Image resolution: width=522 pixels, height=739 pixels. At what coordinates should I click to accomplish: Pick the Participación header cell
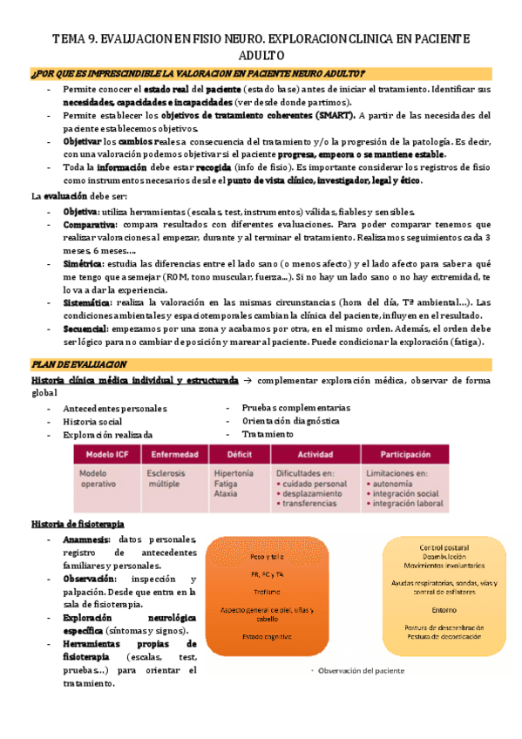[405, 454]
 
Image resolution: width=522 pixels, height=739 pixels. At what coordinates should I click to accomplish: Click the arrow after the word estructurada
[247, 381]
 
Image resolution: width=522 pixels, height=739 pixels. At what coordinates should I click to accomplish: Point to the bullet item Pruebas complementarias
[295, 407]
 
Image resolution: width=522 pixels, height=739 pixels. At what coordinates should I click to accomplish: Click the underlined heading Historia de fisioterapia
[77, 524]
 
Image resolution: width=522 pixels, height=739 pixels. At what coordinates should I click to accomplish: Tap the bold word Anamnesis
[86, 540]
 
